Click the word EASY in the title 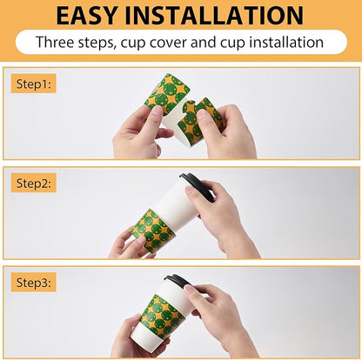(87, 15)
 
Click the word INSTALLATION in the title (214, 15)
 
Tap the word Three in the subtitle (55, 42)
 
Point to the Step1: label (34, 84)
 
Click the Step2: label (34, 183)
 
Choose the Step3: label (34, 283)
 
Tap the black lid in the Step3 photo (178, 281)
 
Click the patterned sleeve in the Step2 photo (153, 230)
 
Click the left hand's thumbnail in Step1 (157, 111)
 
